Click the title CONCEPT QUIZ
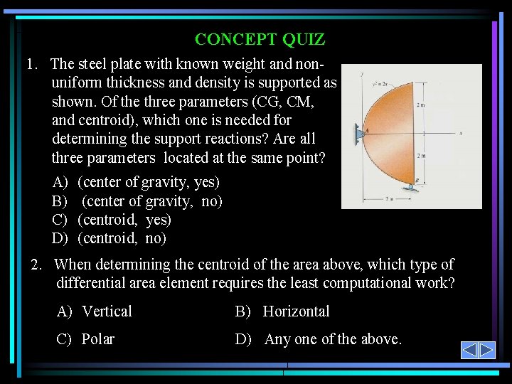260,40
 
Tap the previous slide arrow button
469,350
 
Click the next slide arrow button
486,350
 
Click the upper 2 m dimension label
421,105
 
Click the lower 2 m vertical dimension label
421,156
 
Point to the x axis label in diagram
461,133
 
